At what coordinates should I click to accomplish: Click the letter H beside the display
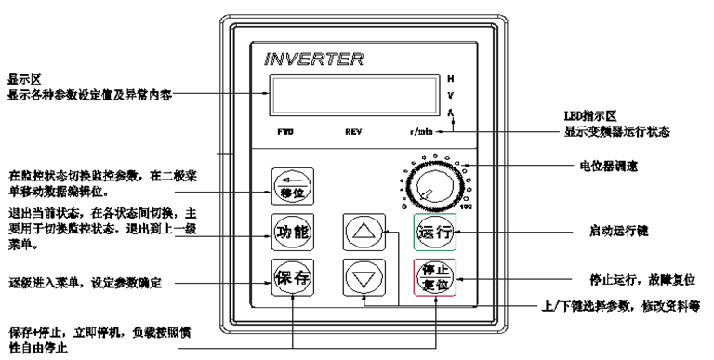(x=451, y=77)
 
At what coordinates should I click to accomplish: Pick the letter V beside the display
(x=451, y=94)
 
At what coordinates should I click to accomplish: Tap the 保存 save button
(x=290, y=275)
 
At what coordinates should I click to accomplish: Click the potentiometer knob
(x=431, y=181)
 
